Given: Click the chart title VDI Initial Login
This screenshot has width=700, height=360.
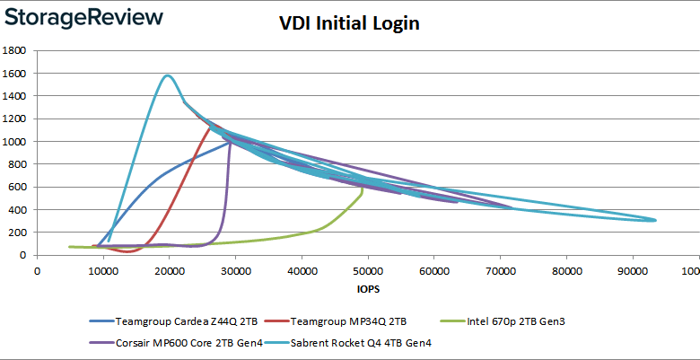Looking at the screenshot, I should (349, 24).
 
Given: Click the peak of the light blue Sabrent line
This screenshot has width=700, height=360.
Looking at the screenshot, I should (168, 75).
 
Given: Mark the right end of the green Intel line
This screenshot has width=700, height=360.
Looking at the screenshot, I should (362, 189).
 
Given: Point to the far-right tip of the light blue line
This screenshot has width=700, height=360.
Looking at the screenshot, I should (656, 220).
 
